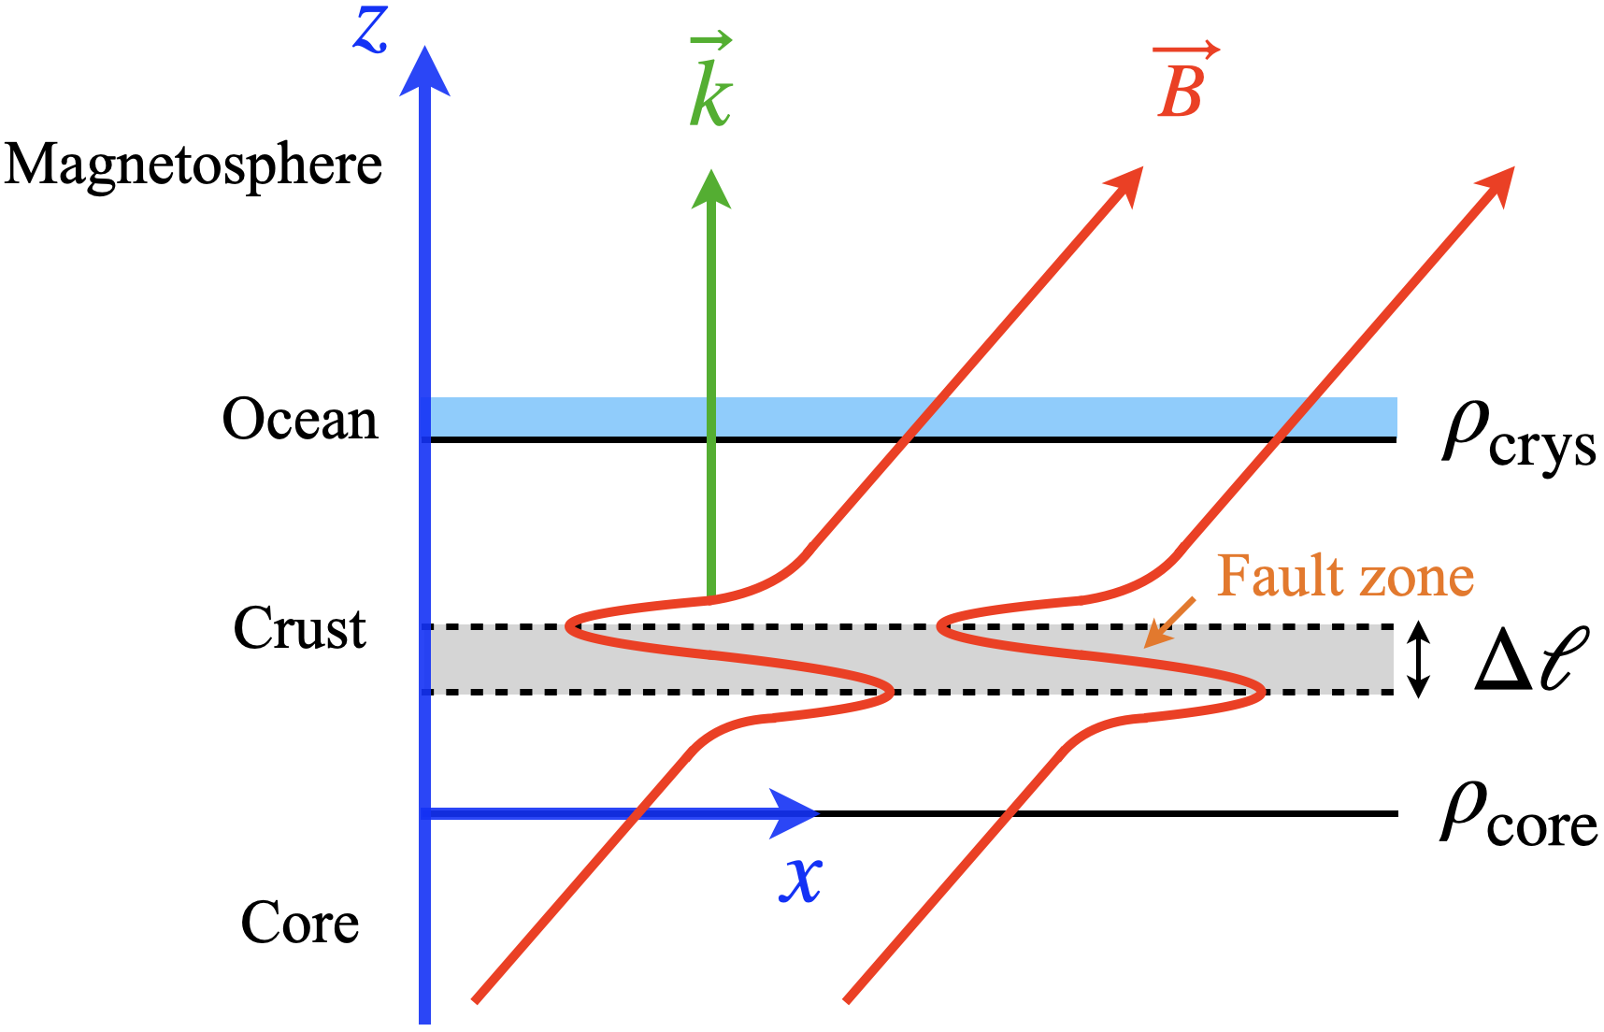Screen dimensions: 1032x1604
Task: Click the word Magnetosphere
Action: [193, 166]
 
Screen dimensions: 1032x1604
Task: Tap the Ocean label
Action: [300, 420]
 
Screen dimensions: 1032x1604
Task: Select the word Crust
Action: [299, 628]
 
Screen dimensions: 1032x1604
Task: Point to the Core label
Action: [300, 924]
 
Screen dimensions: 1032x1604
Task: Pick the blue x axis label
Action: [800, 879]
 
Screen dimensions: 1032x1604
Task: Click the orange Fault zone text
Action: [1345, 576]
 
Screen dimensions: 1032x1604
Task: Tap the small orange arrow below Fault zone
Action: [1168, 623]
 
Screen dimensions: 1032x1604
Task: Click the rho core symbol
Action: [1517, 817]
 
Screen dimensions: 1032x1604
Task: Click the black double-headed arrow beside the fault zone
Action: [1419, 659]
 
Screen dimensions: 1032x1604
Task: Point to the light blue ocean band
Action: [1028, 417]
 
